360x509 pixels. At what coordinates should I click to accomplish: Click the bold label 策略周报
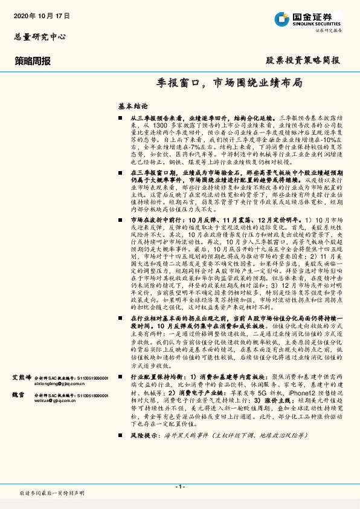tap(33, 61)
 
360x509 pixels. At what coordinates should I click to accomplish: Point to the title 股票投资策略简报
tap(303, 60)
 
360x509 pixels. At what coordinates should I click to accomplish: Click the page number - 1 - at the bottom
tap(179, 487)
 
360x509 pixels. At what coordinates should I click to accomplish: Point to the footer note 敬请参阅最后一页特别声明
tap(52, 494)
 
